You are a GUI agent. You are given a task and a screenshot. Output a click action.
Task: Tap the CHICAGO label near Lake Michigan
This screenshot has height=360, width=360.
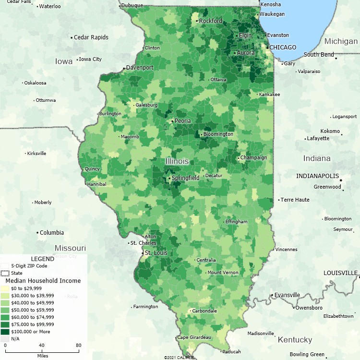283,48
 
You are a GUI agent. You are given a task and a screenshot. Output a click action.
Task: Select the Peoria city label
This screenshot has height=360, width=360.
183,121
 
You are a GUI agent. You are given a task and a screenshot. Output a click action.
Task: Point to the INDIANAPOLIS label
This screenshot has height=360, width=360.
317,176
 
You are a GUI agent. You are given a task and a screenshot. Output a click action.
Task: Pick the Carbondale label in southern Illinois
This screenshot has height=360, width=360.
204,311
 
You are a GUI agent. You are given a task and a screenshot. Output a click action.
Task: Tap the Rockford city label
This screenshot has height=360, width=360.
211,21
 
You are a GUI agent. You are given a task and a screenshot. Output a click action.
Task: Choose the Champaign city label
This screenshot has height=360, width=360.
253,157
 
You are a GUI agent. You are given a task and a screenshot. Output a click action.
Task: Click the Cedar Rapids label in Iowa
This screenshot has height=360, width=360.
91,37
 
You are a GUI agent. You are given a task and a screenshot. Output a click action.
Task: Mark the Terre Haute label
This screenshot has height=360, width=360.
295,200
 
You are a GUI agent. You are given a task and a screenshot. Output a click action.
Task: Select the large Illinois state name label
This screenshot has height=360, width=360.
177,161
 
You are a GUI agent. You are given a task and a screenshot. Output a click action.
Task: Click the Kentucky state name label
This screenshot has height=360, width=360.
295,340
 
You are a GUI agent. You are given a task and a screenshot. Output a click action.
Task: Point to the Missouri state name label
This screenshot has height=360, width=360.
70,248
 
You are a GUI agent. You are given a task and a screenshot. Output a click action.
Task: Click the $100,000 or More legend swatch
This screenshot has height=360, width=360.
5,331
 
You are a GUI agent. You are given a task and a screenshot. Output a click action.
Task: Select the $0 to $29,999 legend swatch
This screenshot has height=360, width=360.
5,288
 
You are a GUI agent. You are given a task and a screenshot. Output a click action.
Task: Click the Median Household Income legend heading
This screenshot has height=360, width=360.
43,281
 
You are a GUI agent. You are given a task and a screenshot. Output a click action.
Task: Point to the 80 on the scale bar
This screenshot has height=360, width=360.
78,345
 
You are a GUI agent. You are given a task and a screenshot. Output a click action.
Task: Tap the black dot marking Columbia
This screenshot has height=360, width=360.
37,233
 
